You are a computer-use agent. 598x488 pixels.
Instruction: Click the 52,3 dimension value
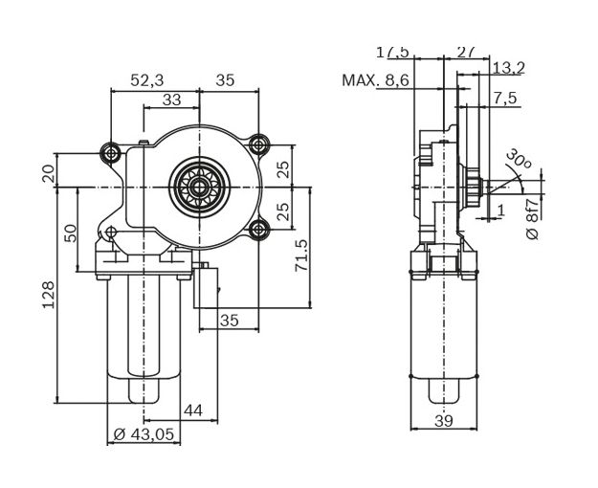click(x=146, y=81)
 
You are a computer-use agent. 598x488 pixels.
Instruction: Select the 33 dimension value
click(x=171, y=100)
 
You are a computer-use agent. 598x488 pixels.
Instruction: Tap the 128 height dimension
click(x=49, y=294)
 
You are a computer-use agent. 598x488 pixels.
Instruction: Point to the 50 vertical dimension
click(x=71, y=233)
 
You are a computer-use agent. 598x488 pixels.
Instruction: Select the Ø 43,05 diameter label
click(x=144, y=434)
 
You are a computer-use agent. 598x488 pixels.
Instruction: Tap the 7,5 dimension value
click(x=505, y=99)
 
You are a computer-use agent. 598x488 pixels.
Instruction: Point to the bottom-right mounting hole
click(x=257, y=230)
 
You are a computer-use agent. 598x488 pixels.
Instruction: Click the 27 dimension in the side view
click(x=468, y=50)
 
